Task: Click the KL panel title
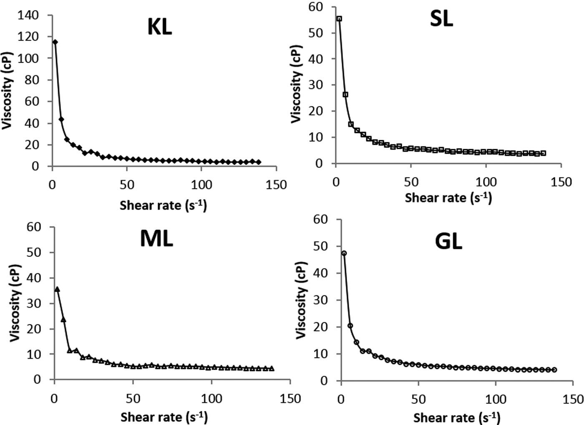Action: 159,28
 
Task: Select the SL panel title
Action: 441,19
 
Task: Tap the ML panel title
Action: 156,239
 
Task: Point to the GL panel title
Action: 448,242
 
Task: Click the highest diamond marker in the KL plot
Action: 55,42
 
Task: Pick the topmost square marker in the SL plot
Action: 339,19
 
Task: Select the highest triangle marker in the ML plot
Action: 57,289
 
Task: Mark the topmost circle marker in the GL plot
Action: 344,253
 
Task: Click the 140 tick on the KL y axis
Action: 28,15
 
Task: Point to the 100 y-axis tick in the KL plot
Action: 28,58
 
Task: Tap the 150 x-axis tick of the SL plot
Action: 561,182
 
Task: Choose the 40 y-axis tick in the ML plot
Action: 34,278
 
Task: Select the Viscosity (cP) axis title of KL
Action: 7,91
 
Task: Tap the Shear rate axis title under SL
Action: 448,198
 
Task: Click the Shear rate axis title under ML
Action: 164,417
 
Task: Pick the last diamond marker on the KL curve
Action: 258,162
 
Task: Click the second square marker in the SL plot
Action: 345,95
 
